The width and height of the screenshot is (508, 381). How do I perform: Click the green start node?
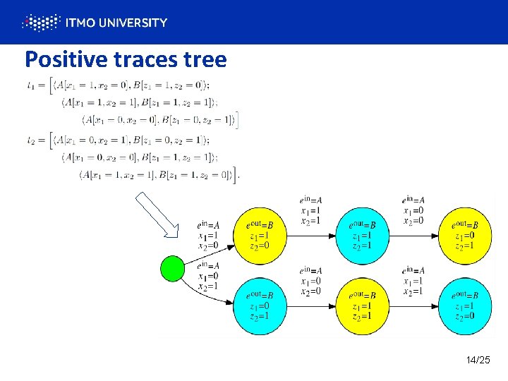[x=172, y=268]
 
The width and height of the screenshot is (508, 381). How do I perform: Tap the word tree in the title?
[x=205, y=59]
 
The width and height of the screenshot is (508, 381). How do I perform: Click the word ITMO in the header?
[x=78, y=23]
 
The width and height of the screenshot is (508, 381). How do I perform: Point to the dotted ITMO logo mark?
[x=41, y=23]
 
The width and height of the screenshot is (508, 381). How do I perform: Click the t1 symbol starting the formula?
[x=30, y=86]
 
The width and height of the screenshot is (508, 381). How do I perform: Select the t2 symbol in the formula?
[x=30, y=140]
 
